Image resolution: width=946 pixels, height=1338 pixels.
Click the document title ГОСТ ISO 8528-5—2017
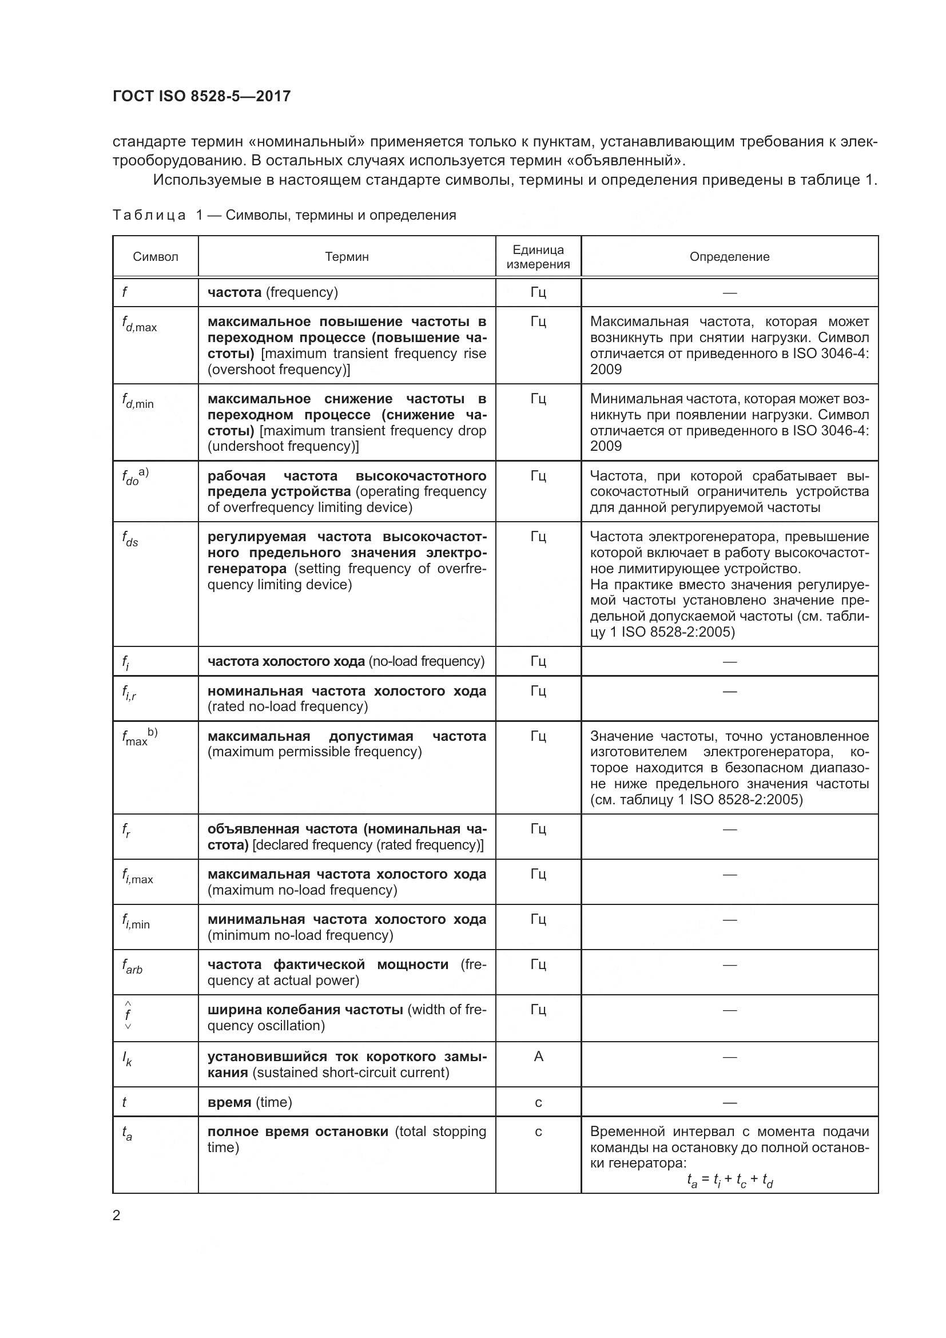point(201,97)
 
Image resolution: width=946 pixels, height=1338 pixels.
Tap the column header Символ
point(156,257)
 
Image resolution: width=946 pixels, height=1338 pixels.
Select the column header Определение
point(729,257)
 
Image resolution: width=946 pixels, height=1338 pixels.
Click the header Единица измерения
point(538,257)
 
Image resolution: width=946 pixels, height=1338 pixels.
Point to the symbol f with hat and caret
point(128,1016)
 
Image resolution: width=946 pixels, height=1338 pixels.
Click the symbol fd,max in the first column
point(139,324)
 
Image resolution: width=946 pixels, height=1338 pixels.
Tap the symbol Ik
point(127,1059)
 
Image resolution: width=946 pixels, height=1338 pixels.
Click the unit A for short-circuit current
point(538,1057)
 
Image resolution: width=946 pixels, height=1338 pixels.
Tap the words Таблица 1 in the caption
point(157,215)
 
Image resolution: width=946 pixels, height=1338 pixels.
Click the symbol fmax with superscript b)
point(139,737)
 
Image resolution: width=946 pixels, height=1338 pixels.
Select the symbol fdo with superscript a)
point(135,477)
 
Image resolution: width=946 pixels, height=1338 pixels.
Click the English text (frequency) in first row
point(302,292)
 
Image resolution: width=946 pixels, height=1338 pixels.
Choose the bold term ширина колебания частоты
point(305,1010)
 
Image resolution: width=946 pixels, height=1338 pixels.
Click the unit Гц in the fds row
point(538,537)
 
